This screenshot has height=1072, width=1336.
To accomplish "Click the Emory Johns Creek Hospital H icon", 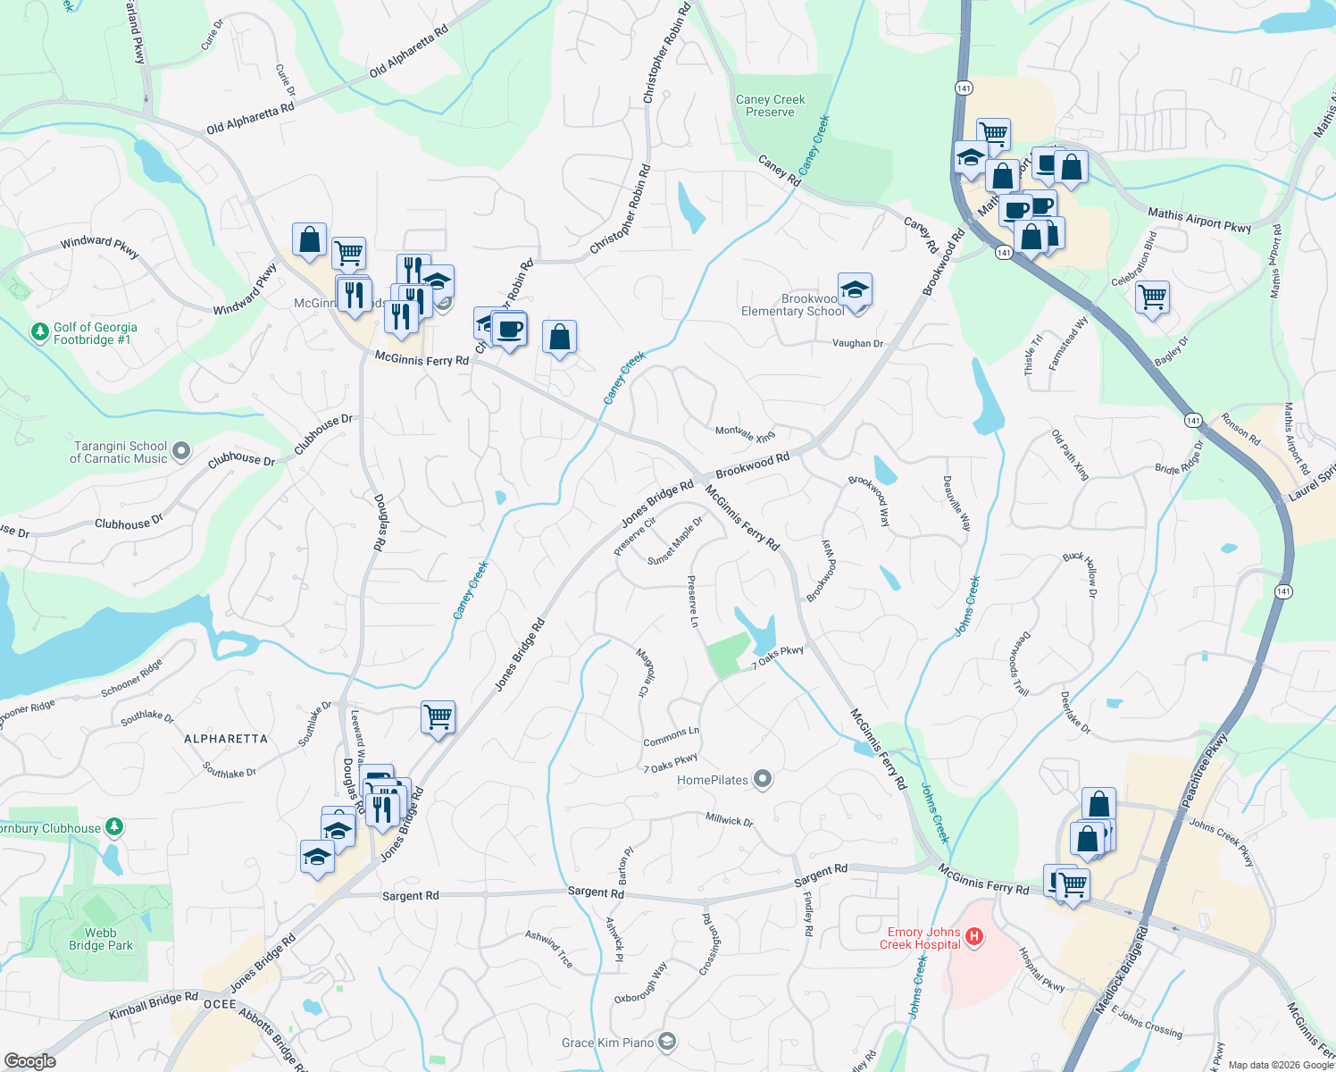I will (974, 937).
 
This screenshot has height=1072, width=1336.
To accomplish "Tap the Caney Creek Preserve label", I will (770, 106).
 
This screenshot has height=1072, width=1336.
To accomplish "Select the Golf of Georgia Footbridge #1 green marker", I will (39, 332).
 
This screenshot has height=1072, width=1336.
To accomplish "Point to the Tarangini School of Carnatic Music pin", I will (181, 451).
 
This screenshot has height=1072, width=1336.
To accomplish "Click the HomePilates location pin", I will (762, 780).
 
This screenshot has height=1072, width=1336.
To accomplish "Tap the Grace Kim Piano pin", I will (666, 1042).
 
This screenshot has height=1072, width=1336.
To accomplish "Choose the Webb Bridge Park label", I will (100, 939).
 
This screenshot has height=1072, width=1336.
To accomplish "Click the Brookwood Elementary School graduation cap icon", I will (855, 289).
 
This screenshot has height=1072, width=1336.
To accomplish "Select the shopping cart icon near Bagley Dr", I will (1152, 296).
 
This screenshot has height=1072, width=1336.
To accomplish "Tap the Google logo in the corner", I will (29, 1060).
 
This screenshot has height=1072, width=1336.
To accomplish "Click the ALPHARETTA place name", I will (225, 739).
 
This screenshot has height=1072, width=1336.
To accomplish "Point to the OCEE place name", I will (220, 1004).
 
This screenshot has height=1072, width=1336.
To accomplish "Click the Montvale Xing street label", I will (745, 433).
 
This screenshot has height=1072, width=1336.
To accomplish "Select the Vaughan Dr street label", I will (857, 343).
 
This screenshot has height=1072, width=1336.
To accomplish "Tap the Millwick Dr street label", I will (729, 819).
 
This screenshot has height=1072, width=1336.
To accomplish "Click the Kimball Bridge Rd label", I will (154, 1006).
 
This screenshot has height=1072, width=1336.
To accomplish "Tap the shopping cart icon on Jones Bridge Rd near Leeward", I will (438, 716).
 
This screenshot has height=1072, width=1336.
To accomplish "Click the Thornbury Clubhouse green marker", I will (114, 826).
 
